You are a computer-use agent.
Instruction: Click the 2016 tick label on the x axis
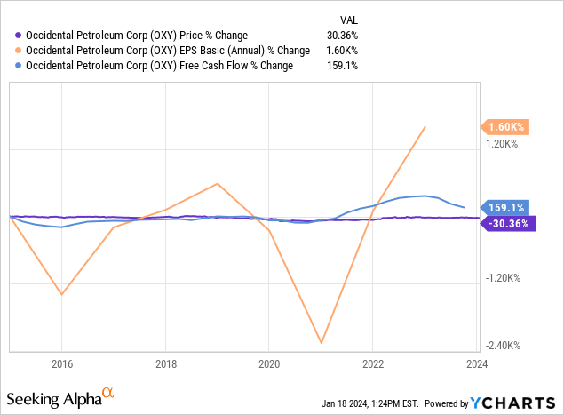click(x=61, y=363)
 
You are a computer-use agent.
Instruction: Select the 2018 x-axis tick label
click(x=165, y=363)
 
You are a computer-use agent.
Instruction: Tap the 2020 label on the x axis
click(x=269, y=363)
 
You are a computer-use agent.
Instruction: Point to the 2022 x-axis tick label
click(x=373, y=363)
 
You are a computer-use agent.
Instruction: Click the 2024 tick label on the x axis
click(x=476, y=363)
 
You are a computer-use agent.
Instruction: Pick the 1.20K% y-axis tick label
click(x=503, y=142)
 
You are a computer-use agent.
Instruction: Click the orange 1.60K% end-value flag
click(x=506, y=127)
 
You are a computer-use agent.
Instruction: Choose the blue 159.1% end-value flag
click(x=505, y=208)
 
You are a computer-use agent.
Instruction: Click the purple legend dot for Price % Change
click(x=19, y=36)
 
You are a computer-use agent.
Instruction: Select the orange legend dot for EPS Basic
click(x=19, y=51)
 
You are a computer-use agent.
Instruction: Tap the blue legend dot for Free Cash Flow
click(x=19, y=66)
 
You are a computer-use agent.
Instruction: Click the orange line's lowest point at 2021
click(x=321, y=343)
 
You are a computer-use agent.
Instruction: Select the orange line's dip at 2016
click(x=61, y=294)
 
